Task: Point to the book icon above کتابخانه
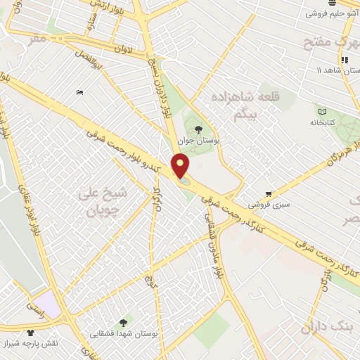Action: pos(322,111)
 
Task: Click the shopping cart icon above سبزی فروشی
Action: pos(269,194)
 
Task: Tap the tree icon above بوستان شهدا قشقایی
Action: pos(124,321)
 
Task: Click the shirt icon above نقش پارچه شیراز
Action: pos(31,333)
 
